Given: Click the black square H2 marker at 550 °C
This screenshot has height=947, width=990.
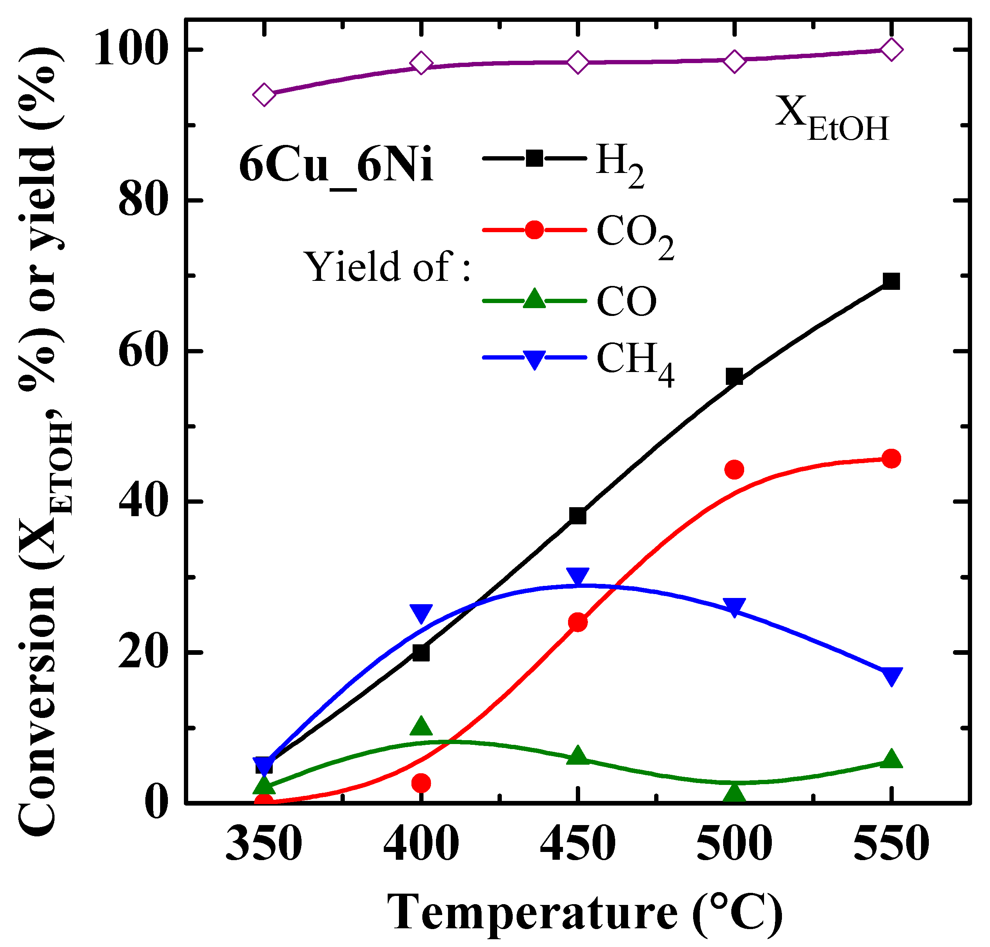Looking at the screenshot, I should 891,281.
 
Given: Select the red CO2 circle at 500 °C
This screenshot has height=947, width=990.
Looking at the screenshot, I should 734,469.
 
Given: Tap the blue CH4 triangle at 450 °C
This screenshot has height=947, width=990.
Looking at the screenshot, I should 577,576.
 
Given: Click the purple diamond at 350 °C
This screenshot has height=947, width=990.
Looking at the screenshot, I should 264,94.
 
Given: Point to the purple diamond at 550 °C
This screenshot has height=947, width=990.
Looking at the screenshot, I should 891,49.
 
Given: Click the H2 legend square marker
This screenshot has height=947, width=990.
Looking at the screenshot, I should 534,158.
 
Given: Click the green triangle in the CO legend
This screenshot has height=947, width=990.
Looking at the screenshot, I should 534,299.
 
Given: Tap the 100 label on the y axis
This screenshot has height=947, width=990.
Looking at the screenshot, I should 130,49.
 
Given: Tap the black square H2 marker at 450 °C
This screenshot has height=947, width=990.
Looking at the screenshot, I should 577,516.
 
